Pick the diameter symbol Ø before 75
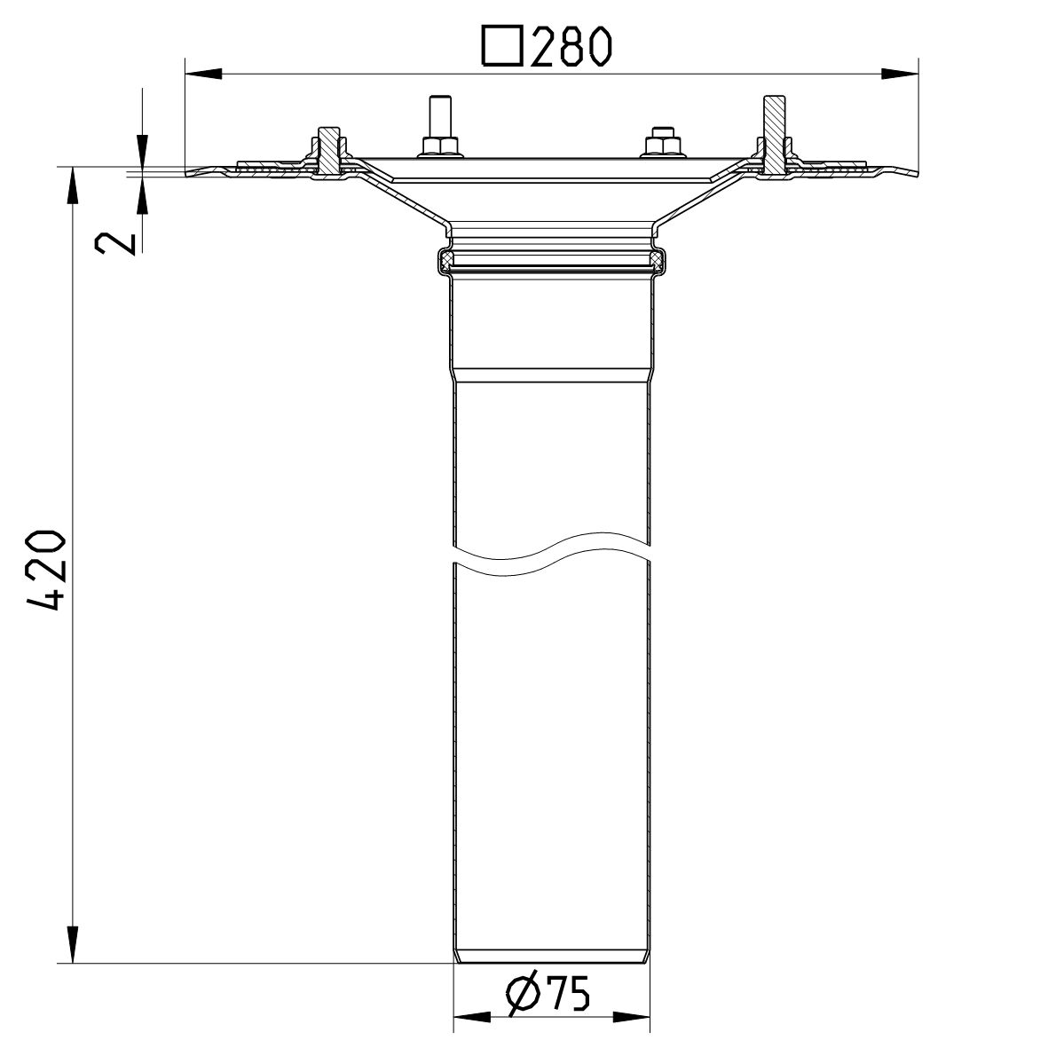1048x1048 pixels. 524,997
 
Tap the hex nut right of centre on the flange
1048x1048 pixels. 662,144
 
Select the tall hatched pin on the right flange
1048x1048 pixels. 774,133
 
